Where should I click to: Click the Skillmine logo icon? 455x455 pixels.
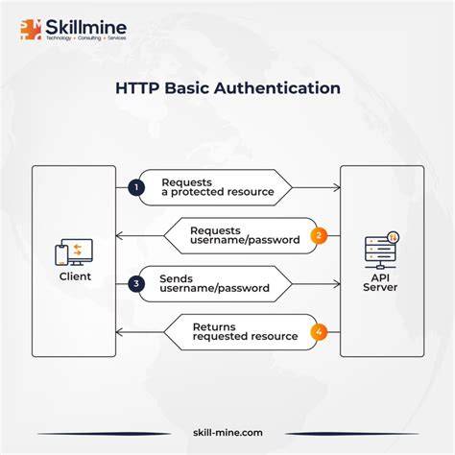(x=31, y=30)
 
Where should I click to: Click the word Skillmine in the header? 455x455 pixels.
(x=85, y=27)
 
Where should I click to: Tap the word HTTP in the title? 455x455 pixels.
(x=136, y=88)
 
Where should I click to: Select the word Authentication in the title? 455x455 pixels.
(x=277, y=88)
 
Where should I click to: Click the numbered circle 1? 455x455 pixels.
(x=136, y=187)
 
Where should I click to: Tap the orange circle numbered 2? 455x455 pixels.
(x=319, y=236)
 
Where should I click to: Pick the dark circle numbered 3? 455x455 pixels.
(x=136, y=284)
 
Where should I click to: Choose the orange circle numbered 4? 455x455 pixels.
(x=319, y=332)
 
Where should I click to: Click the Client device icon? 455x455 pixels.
(x=74, y=252)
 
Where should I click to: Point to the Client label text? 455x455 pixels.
(x=75, y=276)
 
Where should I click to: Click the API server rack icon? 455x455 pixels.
(x=382, y=251)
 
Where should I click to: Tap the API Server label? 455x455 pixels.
(x=380, y=282)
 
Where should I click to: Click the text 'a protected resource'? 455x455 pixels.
(x=218, y=192)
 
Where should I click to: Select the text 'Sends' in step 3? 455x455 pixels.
(x=176, y=278)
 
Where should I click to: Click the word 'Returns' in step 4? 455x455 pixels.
(x=214, y=327)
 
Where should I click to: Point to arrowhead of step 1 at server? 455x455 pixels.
(x=338, y=187)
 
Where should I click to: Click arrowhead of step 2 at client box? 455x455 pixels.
(x=119, y=236)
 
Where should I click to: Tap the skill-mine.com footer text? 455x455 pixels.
(x=227, y=433)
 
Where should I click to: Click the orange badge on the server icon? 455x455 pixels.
(x=393, y=237)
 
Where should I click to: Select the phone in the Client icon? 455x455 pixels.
(x=61, y=255)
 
